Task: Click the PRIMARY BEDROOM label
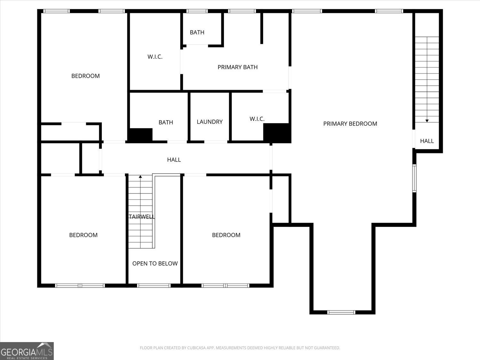350,124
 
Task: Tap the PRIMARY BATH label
237,67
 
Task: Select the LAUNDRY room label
210,122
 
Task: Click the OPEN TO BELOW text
155,264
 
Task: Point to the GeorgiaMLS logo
27,351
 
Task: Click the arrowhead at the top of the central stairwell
140,177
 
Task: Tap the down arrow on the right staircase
427,120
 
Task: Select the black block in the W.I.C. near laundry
276,132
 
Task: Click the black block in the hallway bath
140,135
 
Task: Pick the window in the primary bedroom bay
341,312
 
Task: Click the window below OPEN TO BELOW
154,285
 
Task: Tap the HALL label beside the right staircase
427,141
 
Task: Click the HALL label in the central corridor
174,160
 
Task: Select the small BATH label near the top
197,32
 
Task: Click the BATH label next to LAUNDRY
166,123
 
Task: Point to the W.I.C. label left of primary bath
155,57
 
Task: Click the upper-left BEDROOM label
85,76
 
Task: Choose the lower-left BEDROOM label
83,235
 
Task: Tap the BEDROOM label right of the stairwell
226,235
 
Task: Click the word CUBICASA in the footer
196,348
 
